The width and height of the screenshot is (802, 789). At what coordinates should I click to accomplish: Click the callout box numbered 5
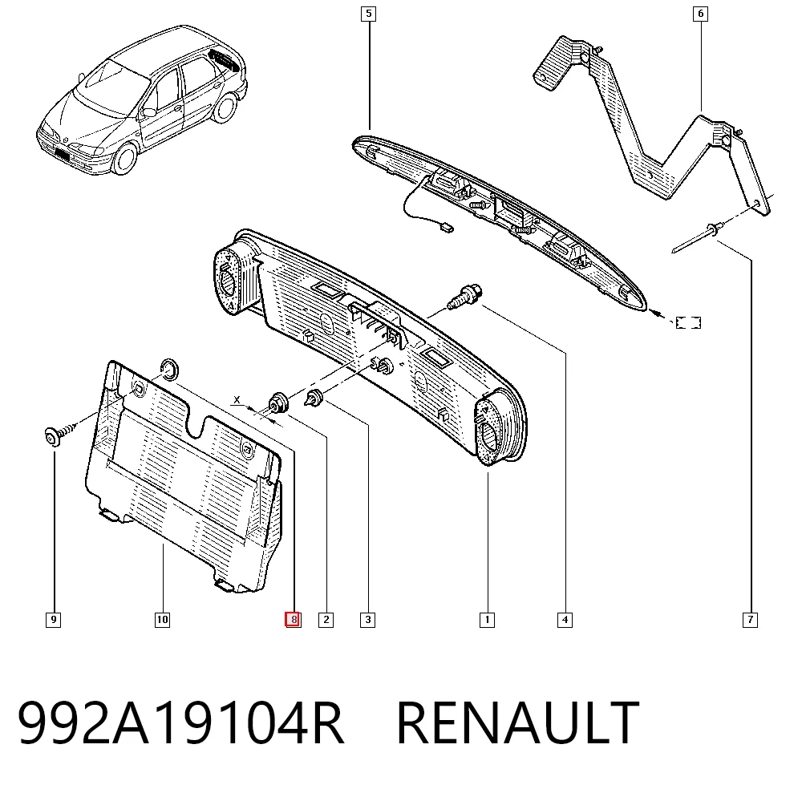pos(368,14)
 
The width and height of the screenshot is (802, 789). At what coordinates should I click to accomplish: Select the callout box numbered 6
pos(700,14)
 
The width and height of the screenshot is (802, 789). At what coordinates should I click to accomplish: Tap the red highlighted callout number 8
pos(293,620)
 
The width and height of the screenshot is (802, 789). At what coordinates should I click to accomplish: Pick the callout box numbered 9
pos(53,621)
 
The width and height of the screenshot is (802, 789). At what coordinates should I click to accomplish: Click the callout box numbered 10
pos(162,621)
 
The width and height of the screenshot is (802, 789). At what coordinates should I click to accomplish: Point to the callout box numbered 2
pos(326,621)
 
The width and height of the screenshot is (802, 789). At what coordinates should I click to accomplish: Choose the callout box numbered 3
pos(368,621)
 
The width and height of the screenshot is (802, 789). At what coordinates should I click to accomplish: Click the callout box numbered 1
pos(487,621)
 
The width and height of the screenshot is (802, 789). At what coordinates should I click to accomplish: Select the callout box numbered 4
pos(565,621)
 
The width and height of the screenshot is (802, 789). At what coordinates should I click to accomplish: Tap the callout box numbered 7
pos(750,621)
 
